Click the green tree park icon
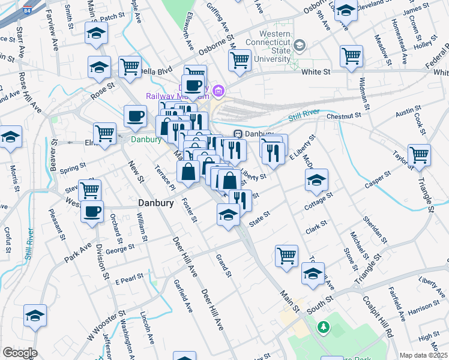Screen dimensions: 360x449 tap(324, 327)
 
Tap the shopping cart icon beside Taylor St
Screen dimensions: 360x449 tap(419, 155)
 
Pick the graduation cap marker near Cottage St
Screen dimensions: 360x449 tap(316, 180)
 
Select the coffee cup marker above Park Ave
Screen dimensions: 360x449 tap(92, 211)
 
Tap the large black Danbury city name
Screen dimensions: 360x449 tap(156, 203)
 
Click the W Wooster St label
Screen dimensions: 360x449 tap(106, 324)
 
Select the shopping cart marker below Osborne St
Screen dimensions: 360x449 tap(240, 60)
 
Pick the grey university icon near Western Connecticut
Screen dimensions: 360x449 tap(301, 45)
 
